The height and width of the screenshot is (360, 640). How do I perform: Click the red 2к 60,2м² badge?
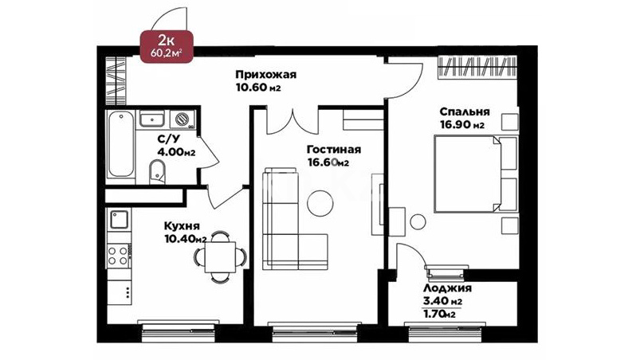coord(167,46)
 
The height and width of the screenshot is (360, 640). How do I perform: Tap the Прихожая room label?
coord(265,75)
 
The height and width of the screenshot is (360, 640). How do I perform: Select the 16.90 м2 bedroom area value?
coord(462,125)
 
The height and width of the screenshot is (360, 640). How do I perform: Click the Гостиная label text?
coord(334,150)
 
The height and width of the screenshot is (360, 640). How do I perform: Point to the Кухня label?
coord(182,226)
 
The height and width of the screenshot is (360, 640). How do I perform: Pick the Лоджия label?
coord(447,288)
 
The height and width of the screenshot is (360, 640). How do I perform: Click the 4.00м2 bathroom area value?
coord(176,152)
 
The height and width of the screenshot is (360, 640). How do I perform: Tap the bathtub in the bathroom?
coord(121,144)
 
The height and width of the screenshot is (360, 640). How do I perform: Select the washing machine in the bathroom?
coord(183,119)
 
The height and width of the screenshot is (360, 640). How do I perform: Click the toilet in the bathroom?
coord(157,172)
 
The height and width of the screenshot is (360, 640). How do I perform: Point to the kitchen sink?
coord(120,220)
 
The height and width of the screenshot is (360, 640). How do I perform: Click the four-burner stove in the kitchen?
coord(118,256)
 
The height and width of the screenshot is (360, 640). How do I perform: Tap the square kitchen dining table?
coord(221,256)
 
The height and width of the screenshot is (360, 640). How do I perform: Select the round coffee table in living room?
coord(320,203)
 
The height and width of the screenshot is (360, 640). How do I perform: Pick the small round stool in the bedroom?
coord(418,222)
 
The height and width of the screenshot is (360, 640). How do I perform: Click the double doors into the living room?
coord(293,121)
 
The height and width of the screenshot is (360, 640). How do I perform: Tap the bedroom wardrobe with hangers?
coord(477,67)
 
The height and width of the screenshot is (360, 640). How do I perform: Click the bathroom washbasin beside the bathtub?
coord(152,119)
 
